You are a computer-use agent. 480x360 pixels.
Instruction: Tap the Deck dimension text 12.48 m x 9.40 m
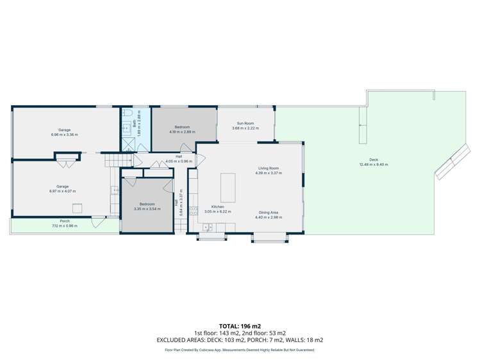(374, 165)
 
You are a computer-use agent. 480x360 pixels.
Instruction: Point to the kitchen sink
(208, 227)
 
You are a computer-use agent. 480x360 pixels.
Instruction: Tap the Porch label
(64, 221)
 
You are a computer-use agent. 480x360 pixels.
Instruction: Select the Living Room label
(267, 168)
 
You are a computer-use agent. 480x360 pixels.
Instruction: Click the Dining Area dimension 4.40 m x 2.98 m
(268, 217)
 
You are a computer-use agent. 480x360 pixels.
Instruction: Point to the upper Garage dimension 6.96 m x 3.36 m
(64, 135)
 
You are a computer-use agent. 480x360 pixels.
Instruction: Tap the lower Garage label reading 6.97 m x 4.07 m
(62, 191)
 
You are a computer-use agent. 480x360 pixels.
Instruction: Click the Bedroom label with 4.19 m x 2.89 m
(182, 132)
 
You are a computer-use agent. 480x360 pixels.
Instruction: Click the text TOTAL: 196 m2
(240, 325)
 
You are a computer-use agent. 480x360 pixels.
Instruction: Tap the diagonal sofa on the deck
(451, 163)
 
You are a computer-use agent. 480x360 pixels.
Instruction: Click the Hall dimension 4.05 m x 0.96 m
(179, 161)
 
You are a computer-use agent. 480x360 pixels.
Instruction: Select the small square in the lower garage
(77, 207)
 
